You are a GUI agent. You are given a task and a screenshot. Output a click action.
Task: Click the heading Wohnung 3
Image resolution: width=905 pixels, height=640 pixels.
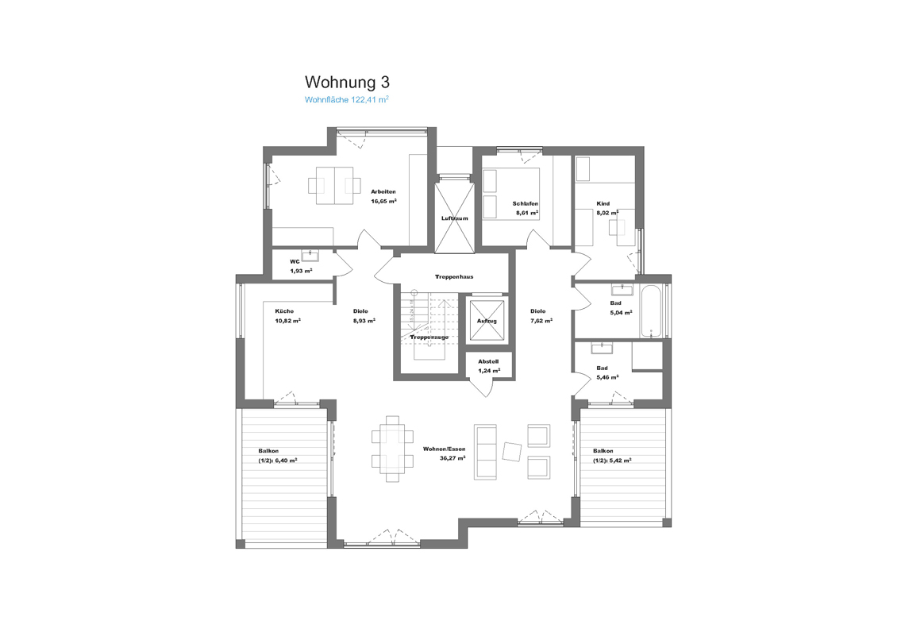coord(347,82)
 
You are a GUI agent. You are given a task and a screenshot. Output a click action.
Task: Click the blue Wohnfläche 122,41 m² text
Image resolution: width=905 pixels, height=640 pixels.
coord(346,100)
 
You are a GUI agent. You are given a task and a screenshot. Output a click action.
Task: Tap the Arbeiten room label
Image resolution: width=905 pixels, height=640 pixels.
coord(383,191)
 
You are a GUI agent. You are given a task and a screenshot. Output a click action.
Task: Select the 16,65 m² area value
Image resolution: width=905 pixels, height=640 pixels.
coord(383,202)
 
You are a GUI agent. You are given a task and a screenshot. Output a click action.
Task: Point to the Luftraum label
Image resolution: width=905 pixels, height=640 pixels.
coord(454,218)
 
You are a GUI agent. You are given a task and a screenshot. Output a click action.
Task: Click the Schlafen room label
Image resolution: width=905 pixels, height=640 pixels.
coord(526,204)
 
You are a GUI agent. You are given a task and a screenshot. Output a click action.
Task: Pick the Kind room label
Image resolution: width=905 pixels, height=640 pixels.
coord(603,204)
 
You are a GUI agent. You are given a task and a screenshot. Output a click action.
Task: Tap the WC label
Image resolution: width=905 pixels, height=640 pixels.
coord(295,261)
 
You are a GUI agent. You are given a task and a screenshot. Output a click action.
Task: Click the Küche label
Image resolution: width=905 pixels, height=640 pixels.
coord(284,311)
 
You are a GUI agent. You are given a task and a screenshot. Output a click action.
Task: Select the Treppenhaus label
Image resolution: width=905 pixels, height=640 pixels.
coord(454,277)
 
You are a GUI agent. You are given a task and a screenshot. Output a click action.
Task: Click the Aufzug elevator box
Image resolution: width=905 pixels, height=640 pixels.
coord(487,321)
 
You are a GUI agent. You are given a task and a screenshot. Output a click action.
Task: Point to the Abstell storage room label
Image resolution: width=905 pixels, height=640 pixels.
coord(488,362)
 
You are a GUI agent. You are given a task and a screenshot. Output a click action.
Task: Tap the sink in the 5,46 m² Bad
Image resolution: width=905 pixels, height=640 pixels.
coord(602,348)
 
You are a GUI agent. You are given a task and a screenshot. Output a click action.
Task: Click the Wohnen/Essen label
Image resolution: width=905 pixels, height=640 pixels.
coord(444,449)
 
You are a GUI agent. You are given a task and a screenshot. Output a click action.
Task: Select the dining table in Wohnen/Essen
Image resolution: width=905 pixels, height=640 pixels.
coord(392,449)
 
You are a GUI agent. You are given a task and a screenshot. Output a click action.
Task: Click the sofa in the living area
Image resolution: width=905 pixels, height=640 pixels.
coord(485,452)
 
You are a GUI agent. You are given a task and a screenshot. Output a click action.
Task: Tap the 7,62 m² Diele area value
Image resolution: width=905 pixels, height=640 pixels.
coord(541,321)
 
